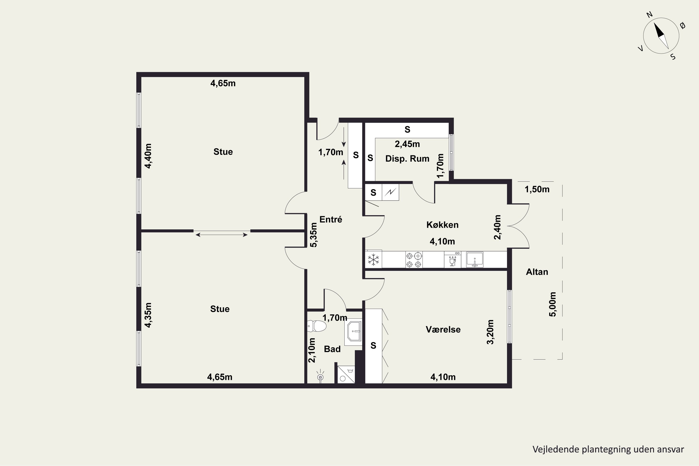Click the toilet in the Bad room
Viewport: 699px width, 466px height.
(x=317, y=326)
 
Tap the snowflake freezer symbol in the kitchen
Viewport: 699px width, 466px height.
(x=373, y=260)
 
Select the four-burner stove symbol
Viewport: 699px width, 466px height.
(x=414, y=260)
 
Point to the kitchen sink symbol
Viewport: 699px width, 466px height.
(x=475, y=260)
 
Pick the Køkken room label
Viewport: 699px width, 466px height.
(x=442, y=225)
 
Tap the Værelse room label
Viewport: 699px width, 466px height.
(x=443, y=329)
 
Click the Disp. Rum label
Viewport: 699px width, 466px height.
(x=407, y=159)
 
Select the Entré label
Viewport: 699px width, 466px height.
(x=331, y=219)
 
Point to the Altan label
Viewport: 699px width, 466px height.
(x=537, y=272)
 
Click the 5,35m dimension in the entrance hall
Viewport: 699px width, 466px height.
(x=314, y=235)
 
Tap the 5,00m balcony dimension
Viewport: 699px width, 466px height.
(x=552, y=304)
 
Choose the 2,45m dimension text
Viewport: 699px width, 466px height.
(x=407, y=144)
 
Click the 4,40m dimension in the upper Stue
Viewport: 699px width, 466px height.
(x=148, y=156)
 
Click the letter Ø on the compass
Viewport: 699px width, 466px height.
(x=683, y=26)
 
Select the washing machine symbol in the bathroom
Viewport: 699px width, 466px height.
(x=346, y=374)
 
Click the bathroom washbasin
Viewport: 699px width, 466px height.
(x=354, y=331)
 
